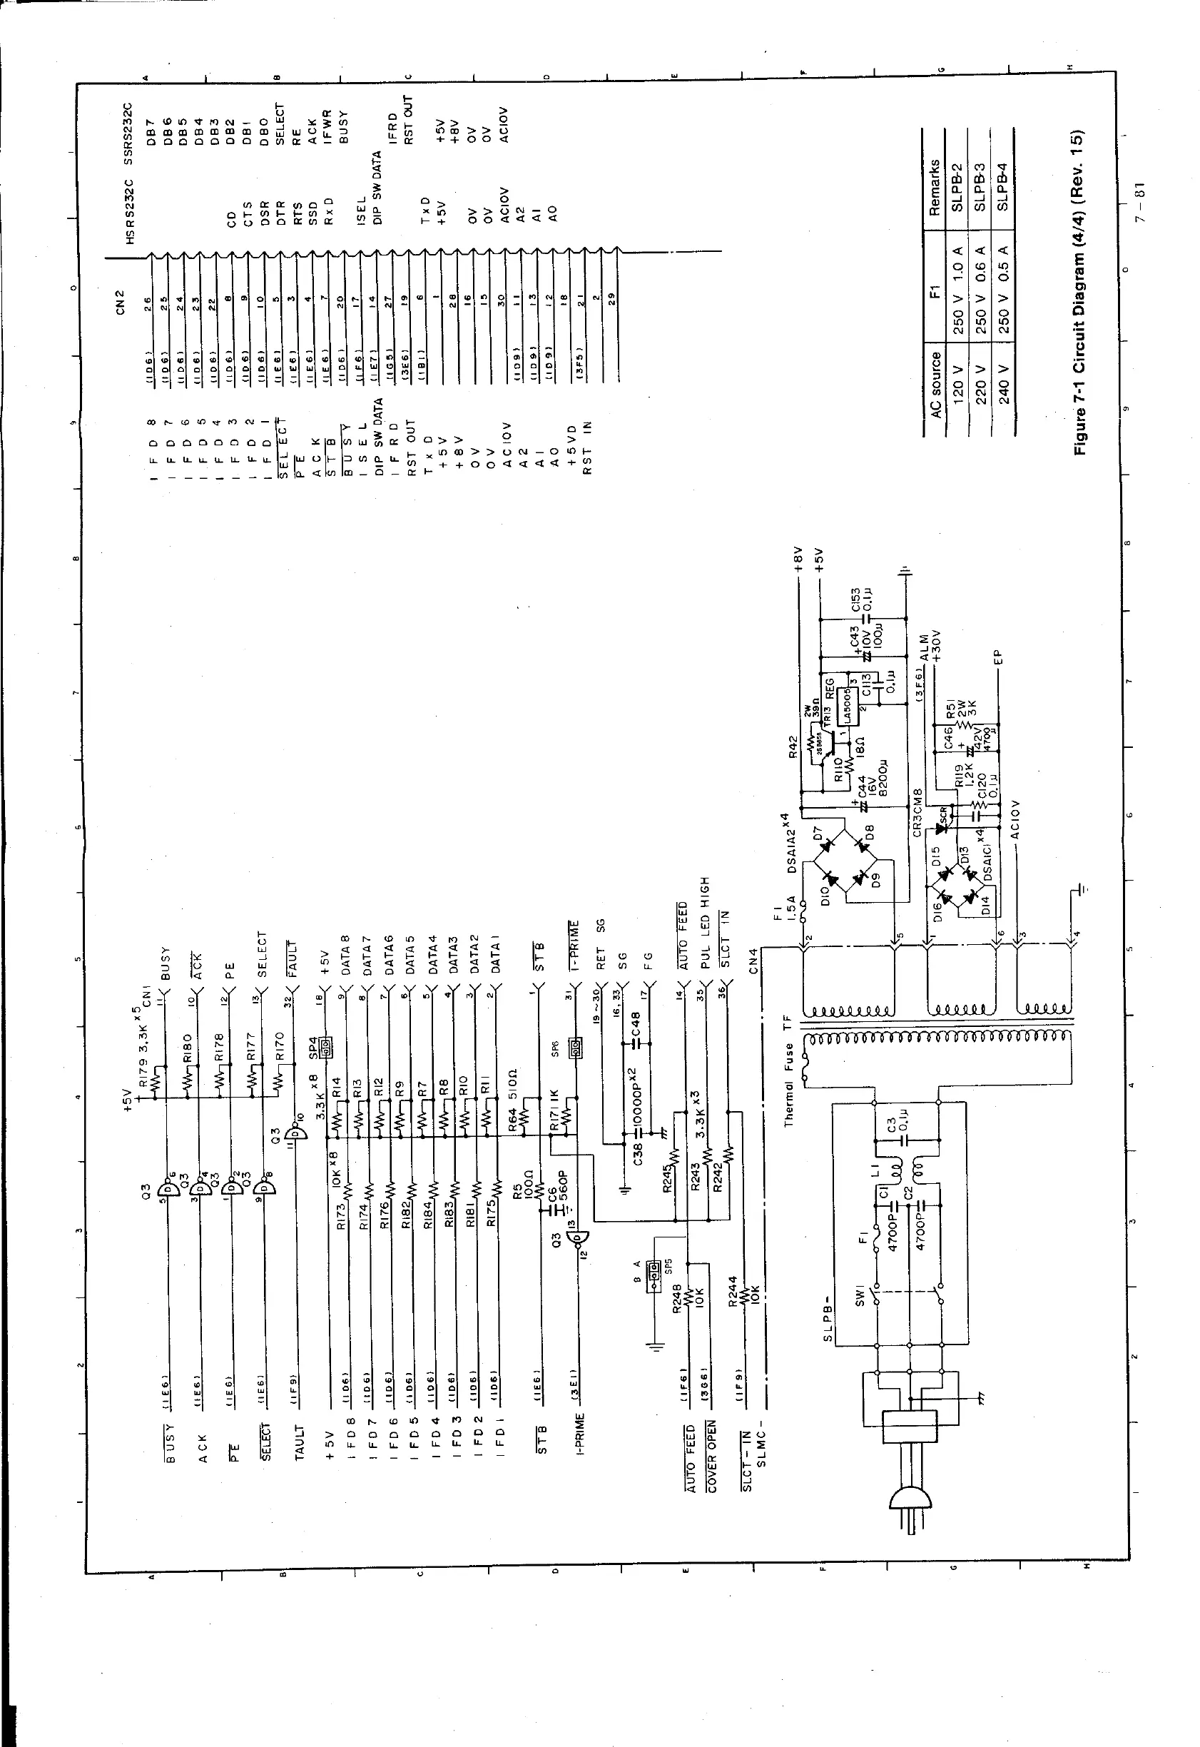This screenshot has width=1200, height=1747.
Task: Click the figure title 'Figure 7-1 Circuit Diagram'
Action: tap(1079, 293)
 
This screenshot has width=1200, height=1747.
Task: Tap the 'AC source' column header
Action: tap(935, 385)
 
